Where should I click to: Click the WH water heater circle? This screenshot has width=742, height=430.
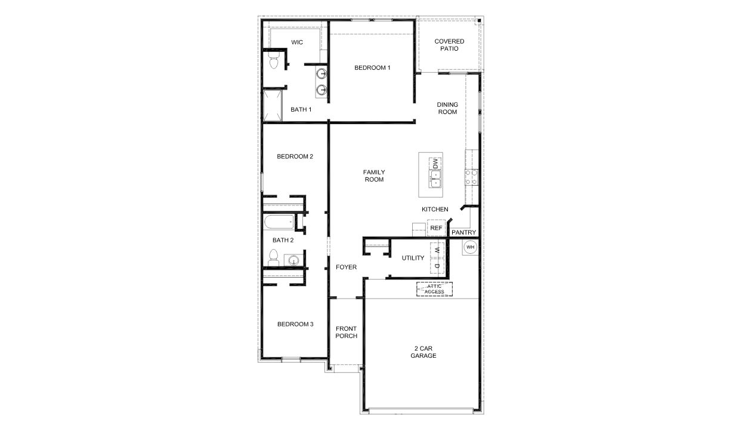coord(470,247)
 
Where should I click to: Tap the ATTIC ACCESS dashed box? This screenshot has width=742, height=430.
coord(434,289)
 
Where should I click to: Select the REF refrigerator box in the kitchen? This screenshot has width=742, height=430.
coord(436,228)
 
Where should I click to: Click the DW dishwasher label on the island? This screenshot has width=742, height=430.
coord(435,163)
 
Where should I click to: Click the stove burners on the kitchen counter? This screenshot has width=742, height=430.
coord(471,176)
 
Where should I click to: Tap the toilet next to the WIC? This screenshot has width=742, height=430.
coord(274,60)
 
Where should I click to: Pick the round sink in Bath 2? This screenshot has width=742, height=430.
coord(292,260)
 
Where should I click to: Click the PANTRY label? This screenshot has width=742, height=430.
coord(463,232)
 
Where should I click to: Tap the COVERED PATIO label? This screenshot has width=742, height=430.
coord(449,45)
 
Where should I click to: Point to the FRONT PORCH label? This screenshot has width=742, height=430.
coord(346,332)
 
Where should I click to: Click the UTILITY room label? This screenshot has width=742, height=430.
coord(413,258)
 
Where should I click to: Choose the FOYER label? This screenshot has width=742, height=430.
coord(346,267)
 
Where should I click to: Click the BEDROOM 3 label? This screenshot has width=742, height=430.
coord(295,324)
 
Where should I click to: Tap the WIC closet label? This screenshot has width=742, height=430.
coord(297,42)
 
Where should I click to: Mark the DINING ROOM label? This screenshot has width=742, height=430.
coord(447,108)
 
